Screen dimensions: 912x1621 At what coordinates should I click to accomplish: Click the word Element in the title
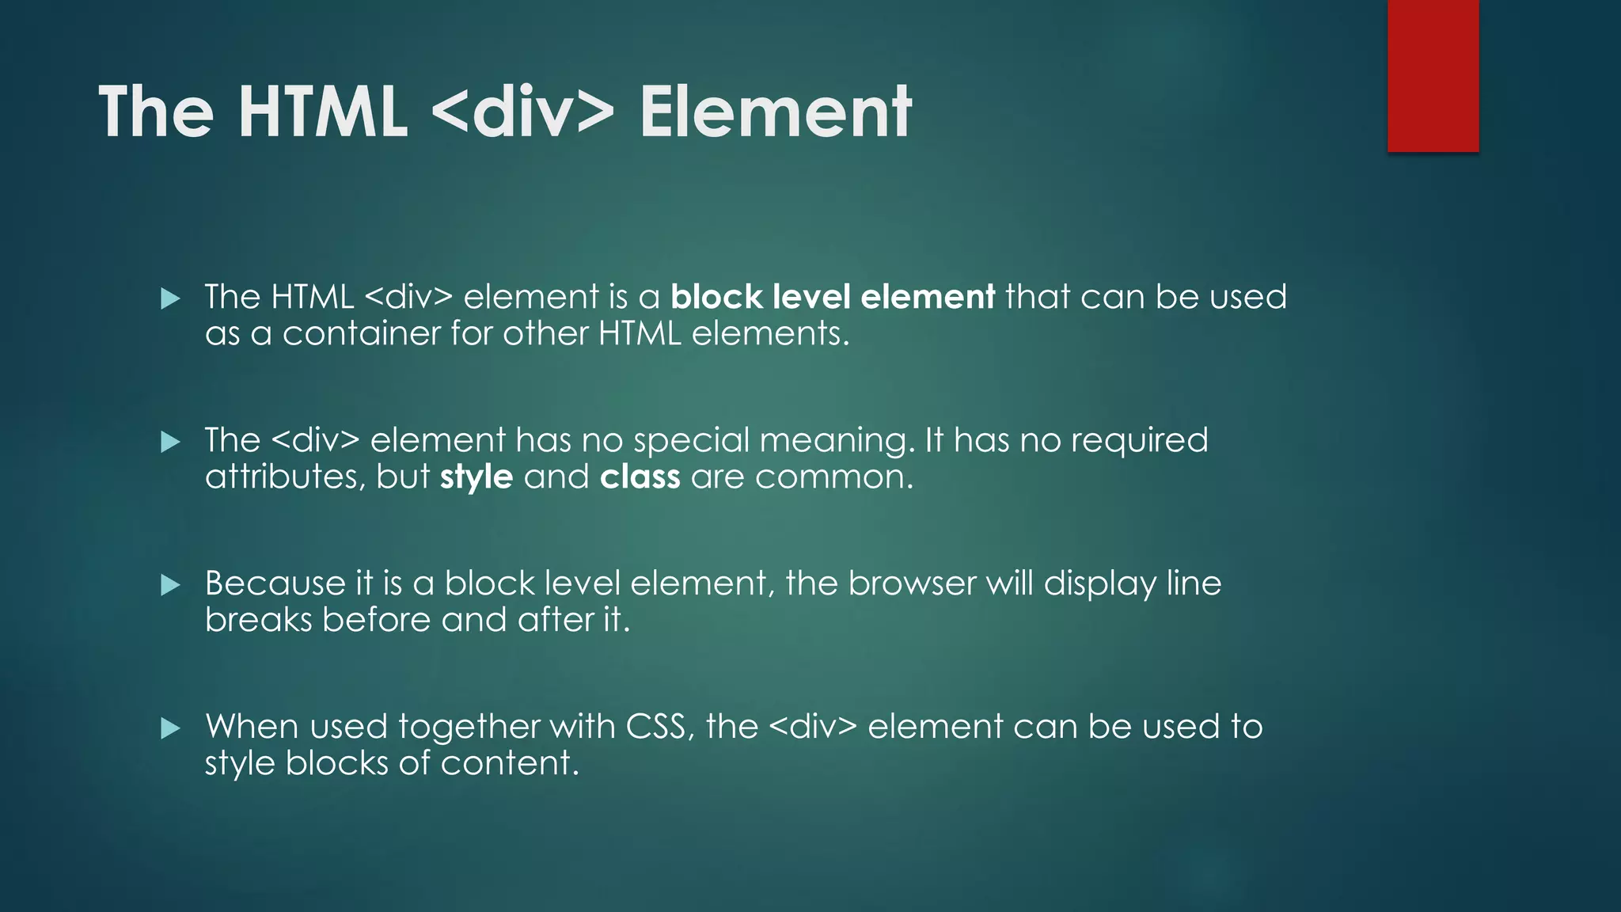point(775,112)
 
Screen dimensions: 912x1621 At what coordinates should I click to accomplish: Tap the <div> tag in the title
point(523,112)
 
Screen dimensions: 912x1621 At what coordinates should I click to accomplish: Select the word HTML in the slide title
point(323,112)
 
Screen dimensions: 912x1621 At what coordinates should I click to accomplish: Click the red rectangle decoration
point(1433,75)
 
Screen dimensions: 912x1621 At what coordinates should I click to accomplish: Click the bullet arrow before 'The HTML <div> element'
point(170,298)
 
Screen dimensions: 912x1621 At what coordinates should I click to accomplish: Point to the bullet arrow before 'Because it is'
point(170,585)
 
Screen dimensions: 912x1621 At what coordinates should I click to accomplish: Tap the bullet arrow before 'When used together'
point(170,728)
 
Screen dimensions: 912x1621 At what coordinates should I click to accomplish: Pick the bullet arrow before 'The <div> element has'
point(170,442)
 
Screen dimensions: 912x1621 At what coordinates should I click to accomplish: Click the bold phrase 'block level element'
point(833,297)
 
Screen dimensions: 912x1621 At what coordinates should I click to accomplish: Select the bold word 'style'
point(476,477)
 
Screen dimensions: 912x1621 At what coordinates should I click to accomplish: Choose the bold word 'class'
point(640,477)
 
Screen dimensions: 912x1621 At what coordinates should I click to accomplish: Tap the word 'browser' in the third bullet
point(912,583)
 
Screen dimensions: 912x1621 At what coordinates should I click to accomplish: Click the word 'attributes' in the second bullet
point(284,477)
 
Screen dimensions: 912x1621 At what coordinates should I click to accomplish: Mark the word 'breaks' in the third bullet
point(259,620)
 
